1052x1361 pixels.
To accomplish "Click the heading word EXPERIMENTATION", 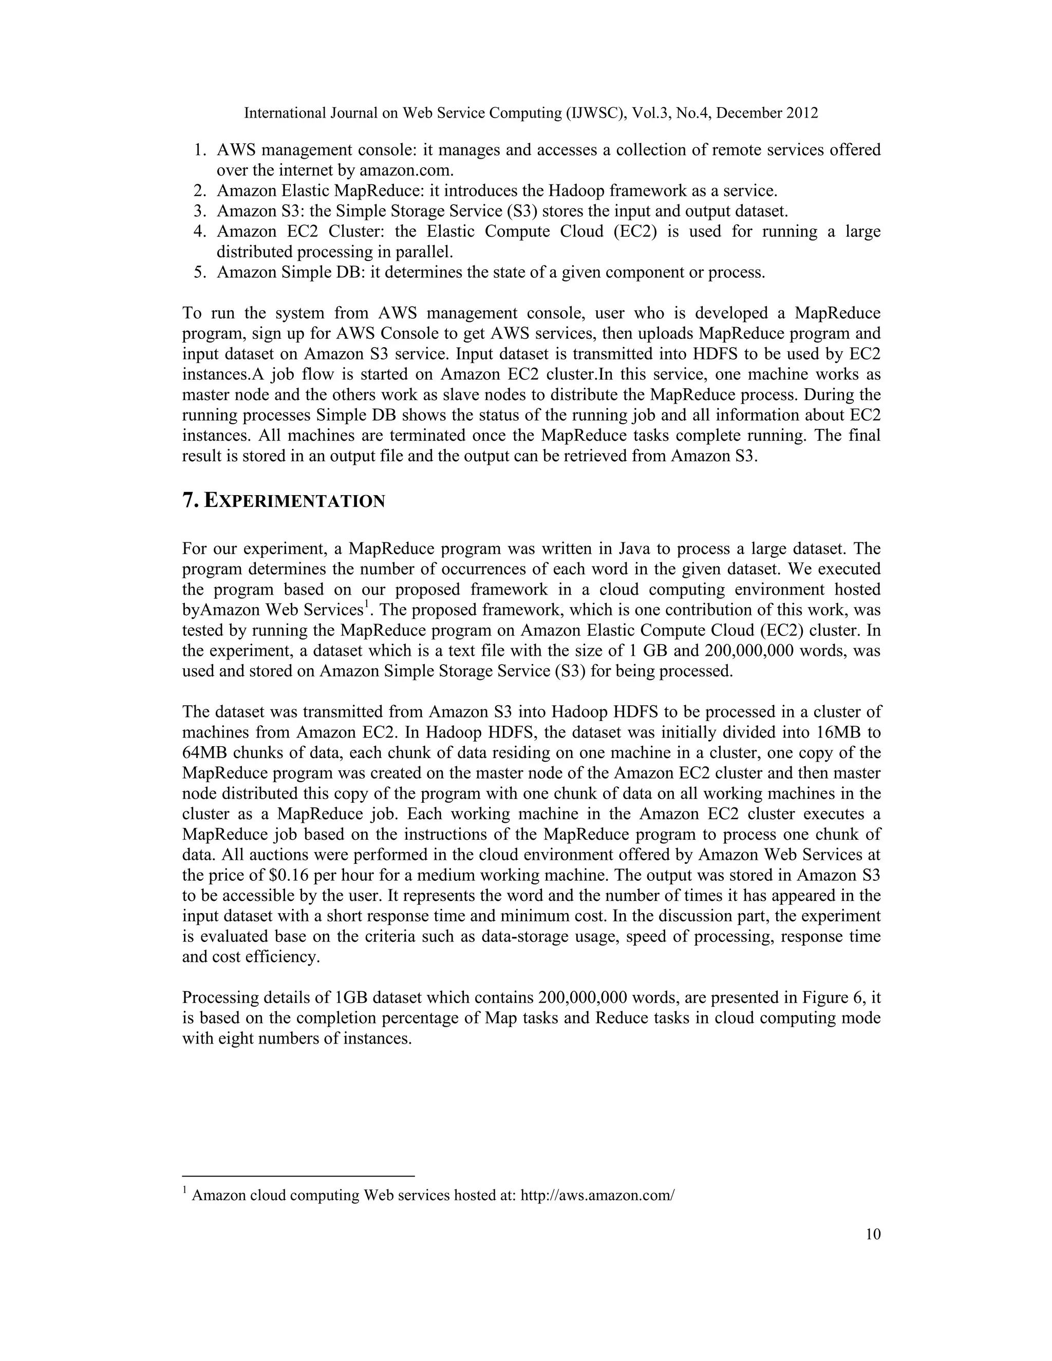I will pyautogui.click(x=294, y=502).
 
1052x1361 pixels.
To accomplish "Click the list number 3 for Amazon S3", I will pyautogui.click(x=199, y=211).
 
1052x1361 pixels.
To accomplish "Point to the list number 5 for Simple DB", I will pyautogui.click(x=199, y=272).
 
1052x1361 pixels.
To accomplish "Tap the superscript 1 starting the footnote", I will pyautogui.click(x=185, y=1190).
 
